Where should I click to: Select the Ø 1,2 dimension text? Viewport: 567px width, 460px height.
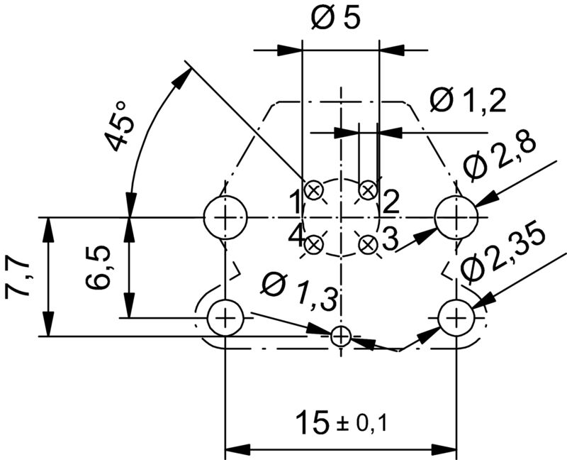(468, 102)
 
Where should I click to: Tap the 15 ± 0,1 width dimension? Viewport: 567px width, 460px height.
(340, 425)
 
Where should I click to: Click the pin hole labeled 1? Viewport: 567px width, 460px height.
(314, 190)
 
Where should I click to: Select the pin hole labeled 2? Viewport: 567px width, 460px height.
(367, 190)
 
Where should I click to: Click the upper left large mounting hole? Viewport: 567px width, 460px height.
(225, 217)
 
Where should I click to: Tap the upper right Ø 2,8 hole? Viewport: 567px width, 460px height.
(456, 217)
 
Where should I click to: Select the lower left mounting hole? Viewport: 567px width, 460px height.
(225, 317)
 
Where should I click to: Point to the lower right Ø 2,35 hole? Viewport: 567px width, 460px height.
(456, 317)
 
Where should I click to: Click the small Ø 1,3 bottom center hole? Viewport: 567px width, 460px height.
(341, 336)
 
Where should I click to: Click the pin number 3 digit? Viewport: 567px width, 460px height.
(390, 239)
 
